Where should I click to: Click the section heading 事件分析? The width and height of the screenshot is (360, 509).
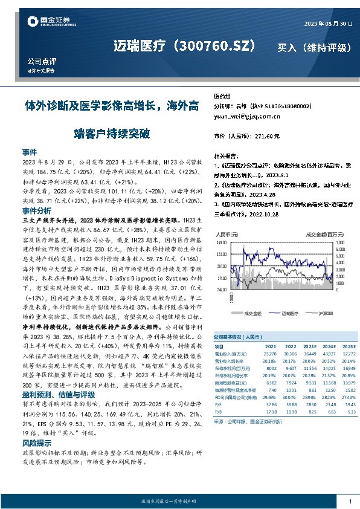(x=36, y=211)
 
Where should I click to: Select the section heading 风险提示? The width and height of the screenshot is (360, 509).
(x=36, y=443)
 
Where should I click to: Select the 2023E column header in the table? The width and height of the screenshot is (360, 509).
(x=308, y=346)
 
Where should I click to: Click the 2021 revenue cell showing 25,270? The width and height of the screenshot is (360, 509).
(x=271, y=353)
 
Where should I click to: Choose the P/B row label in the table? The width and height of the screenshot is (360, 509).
(x=218, y=411)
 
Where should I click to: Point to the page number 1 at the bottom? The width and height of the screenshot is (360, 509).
(x=350, y=502)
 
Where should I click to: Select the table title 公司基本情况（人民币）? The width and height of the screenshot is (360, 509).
(x=237, y=336)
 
